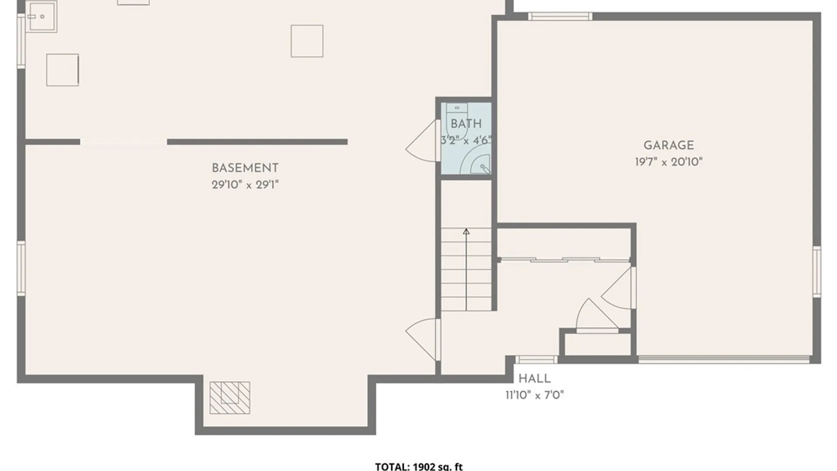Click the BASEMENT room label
[245, 168]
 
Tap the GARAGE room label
[669, 145]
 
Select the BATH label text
[466, 124]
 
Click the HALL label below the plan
[534, 378]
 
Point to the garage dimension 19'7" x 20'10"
[669, 162]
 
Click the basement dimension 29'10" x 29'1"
[245, 184]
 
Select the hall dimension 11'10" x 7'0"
[534, 395]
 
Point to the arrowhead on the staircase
[466, 232]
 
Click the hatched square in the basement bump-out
[230, 398]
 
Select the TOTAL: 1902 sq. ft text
[419, 467]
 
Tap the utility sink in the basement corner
[41, 17]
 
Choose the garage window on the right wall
[817, 272]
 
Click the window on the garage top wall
[560, 16]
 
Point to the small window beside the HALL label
[536, 359]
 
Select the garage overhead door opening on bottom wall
[724, 359]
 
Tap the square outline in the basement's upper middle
[307, 41]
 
